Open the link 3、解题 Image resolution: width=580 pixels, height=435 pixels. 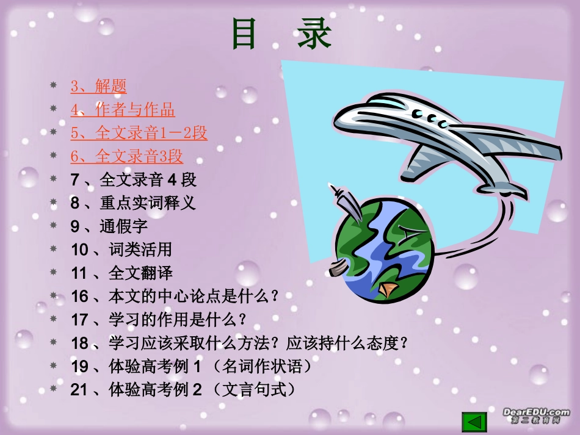click(x=98, y=86)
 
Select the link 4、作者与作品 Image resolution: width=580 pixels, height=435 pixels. click(x=122, y=110)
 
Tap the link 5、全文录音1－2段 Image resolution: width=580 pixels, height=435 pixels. click(x=139, y=133)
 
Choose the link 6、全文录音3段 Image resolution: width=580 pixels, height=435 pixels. click(x=126, y=156)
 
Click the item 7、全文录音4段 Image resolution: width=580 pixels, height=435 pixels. click(x=133, y=180)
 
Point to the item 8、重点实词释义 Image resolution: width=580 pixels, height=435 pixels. click(x=133, y=203)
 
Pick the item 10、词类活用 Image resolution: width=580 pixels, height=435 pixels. click(x=121, y=250)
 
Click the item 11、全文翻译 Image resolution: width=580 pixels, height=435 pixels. click(x=121, y=273)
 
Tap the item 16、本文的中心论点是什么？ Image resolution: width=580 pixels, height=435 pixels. click(x=175, y=297)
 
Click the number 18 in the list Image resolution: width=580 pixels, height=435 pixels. click(x=79, y=343)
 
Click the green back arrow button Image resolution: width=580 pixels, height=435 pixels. click(x=474, y=422)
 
